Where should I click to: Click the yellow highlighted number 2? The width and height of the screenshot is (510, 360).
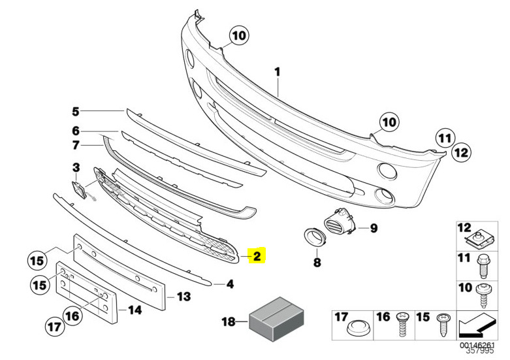pyautogui.click(x=257, y=255)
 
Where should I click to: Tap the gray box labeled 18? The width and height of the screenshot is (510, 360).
pyautogui.click(x=276, y=319)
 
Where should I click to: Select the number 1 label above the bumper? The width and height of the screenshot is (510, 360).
pyautogui.click(x=277, y=72)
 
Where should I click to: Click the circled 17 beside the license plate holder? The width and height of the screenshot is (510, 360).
pyautogui.click(x=54, y=326)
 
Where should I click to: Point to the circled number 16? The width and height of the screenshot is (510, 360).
pyautogui.click(x=72, y=316)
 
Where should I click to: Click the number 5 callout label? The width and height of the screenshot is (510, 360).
pyautogui.click(x=76, y=112)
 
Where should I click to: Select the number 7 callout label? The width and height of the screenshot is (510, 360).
pyautogui.click(x=76, y=145)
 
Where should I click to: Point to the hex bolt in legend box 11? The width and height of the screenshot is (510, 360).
pyautogui.click(x=482, y=267)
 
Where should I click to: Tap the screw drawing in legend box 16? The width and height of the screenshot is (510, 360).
pyautogui.click(x=402, y=325)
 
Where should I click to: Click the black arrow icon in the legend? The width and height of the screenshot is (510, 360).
pyautogui.click(x=477, y=325)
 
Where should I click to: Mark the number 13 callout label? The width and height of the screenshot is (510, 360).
pyautogui.click(x=183, y=297)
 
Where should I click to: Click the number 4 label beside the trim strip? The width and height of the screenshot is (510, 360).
pyautogui.click(x=230, y=284)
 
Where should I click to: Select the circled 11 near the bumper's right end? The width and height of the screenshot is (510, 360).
pyautogui.click(x=445, y=138)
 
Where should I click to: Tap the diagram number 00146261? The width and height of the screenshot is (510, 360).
pyautogui.click(x=477, y=345)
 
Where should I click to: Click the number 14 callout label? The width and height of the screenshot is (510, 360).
pyautogui.click(x=135, y=310)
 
